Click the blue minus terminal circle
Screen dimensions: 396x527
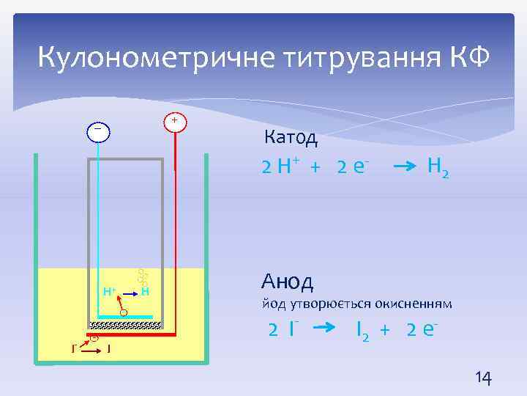(97, 131)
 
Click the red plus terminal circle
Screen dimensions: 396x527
(175, 120)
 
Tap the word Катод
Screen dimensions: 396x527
(290, 137)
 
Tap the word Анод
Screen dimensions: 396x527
(287, 281)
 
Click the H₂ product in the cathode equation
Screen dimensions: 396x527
(438, 169)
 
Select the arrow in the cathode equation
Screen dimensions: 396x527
(406, 168)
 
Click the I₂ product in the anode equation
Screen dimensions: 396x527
(362, 331)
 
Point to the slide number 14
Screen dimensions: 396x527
(483, 378)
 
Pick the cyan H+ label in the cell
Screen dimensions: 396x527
(111, 291)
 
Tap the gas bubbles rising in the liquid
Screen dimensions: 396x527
(142, 277)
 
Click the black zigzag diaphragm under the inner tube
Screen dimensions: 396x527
(125, 325)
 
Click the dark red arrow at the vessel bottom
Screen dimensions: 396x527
(89, 350)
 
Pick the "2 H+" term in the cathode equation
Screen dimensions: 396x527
(281, 167)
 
